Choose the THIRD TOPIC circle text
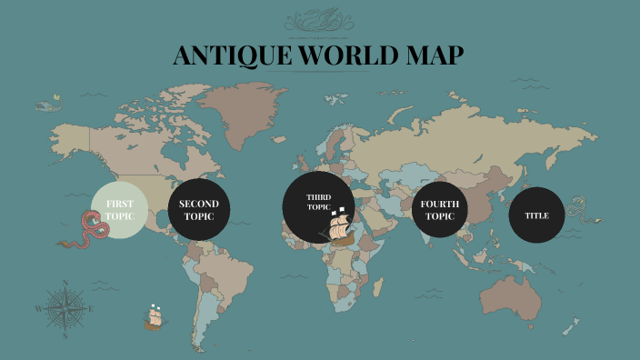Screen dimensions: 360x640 (x=318, y=201)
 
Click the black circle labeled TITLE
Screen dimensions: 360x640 (x=536, y=215)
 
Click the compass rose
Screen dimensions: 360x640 (x=65, y=308)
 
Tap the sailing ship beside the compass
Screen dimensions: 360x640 (x=154, y=317)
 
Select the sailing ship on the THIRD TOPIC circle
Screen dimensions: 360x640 (x=338, y=227)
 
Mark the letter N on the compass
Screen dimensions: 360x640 (x=65, y=284)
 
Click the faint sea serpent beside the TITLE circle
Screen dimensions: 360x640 (x=577, y=215)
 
